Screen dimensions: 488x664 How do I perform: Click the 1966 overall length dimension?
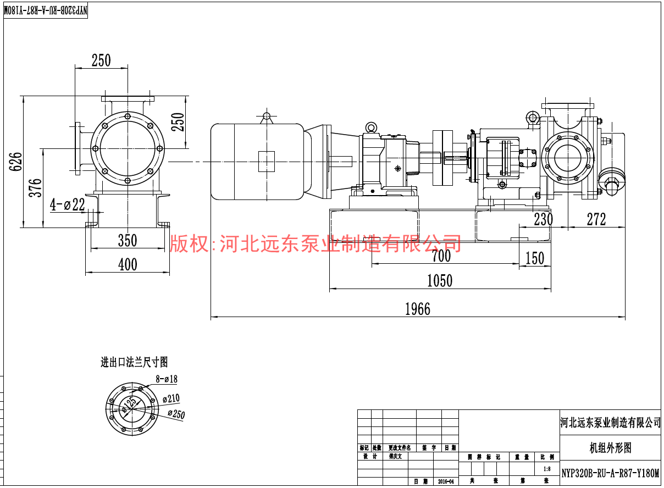418,309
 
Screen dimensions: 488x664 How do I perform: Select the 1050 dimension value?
440,281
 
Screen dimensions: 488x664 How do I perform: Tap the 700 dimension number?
441,256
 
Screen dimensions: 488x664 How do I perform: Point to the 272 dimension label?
596,219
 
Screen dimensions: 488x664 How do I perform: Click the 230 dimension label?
543,219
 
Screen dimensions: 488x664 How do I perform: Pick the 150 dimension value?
534,258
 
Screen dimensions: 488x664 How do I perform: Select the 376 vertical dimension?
35,188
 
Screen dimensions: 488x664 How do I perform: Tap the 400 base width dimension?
128,265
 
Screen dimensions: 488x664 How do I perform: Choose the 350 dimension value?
128,241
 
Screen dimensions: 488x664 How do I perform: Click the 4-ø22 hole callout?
68,205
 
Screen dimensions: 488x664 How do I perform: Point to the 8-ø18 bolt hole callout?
167,379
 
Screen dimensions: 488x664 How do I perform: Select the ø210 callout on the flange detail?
171,399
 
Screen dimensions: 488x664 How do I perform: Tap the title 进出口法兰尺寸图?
134,362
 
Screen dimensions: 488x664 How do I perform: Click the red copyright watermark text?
316,242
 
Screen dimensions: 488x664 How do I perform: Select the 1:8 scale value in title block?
546,469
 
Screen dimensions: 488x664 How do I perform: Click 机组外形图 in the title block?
610,448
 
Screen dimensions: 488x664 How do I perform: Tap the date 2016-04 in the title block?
446,481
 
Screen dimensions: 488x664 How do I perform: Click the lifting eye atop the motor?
267,117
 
